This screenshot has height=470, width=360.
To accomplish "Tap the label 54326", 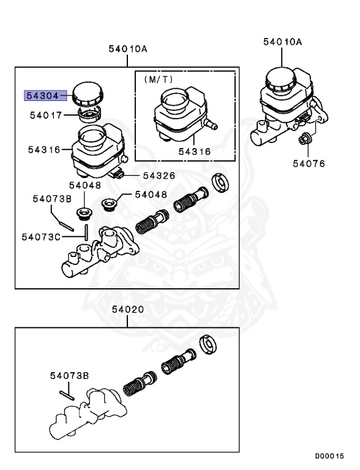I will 159,176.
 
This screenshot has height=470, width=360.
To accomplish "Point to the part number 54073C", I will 41,236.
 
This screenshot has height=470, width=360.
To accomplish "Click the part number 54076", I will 309,163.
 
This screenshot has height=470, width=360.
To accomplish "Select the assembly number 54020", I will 128,310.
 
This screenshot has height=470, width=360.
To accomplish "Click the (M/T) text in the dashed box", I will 159,80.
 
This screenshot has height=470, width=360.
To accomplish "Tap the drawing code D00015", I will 330,457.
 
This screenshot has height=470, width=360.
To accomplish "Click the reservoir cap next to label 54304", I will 87,94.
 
